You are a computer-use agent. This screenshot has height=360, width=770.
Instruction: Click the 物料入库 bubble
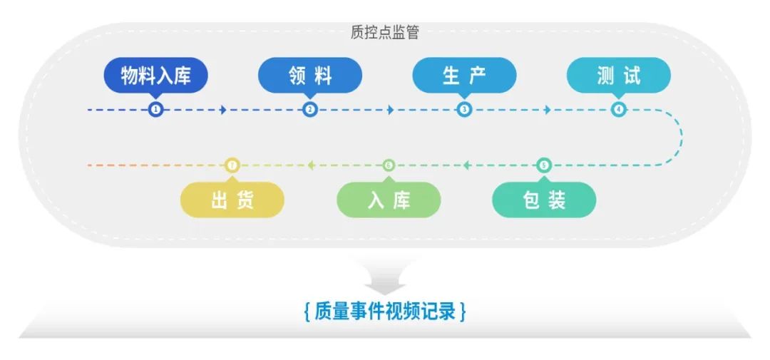pos(155,76)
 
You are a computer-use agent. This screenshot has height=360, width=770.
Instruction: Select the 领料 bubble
pos(310,76)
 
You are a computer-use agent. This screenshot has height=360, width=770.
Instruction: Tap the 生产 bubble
pos(464,76)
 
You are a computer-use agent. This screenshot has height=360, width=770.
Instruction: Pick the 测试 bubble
pos(619,76)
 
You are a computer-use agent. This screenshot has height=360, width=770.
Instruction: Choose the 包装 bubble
pos(544,200)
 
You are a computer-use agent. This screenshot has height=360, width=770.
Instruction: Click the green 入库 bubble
pos(389,200)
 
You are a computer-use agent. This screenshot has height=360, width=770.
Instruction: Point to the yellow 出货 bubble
pos(232,200)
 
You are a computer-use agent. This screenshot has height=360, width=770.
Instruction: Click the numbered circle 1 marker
pos(155,110)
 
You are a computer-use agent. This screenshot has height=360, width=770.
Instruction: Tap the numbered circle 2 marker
pos(309,110)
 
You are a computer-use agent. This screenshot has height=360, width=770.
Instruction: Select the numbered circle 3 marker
pos(464,110)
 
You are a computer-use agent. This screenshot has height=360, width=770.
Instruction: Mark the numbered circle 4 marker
pos(619,110)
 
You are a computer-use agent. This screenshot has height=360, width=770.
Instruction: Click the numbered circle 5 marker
pos(543,165)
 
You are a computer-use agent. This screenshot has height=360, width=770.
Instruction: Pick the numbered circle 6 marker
pos(389,165)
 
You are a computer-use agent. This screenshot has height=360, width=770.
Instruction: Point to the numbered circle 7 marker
pos(232,165)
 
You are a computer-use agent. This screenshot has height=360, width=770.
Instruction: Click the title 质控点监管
pos(385,32)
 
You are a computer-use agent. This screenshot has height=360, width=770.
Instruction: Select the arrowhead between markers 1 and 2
pos(223,110)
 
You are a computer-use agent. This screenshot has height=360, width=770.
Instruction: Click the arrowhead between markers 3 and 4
pos(548,110)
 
